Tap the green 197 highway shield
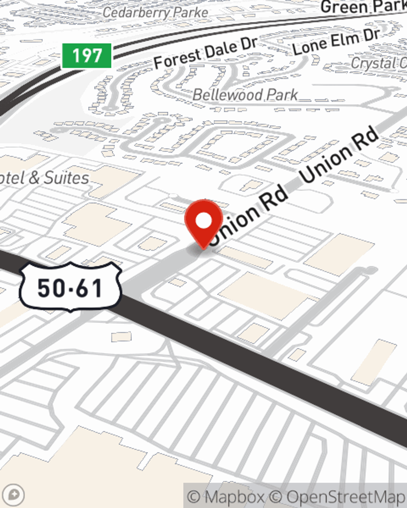(x=87, y=56)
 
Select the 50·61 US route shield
(x=70, y=287)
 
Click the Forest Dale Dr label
(x=206, y=53)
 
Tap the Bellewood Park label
(x=245, y=95)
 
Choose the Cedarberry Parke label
(x=155, y=13)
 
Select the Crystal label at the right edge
(x=379, y=63)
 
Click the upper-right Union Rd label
(x=339, y=157)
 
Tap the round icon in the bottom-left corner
(x=14, y=495)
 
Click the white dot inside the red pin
(x=204, y=221)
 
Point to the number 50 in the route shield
(x=50, y=288)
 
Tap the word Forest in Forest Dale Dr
(x=177, y=59)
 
